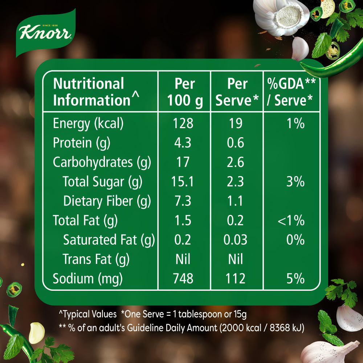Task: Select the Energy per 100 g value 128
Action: [183, 123]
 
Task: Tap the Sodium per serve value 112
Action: [236, 278]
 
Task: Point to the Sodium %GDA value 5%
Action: [295, 278]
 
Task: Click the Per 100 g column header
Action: [184, 92]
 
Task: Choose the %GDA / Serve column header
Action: [291, 92]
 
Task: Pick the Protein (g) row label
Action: [81, 143]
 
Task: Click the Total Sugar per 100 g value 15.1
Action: [183, 181]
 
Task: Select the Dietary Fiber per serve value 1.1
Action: [236, 201]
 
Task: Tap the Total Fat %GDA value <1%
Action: [291, 220]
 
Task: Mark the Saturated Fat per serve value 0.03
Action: [236, 240]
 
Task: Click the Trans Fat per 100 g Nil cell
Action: [183, 259]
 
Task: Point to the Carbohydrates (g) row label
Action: [102, 162]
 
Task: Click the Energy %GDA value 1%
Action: [295, 123]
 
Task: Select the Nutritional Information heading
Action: [96, 92]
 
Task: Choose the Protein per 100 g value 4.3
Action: [183, 143]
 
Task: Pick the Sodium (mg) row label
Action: [88, 278]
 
